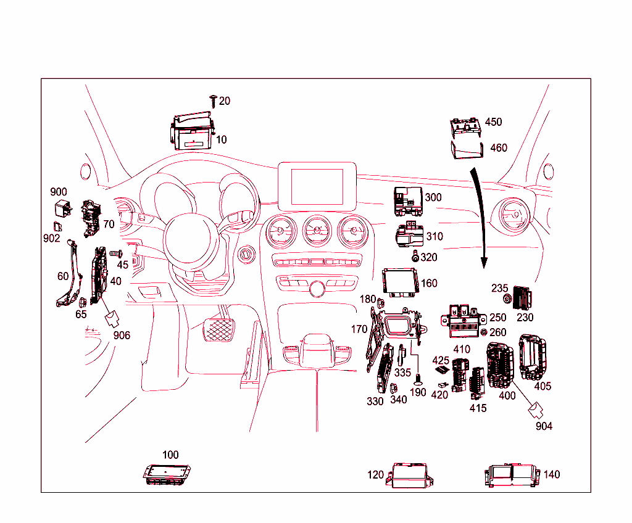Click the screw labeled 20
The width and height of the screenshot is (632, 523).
pos(213,100)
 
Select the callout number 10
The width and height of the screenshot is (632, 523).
pos(221,140)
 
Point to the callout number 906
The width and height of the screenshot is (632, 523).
pos(122,335)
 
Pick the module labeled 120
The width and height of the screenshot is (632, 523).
pos(409,475)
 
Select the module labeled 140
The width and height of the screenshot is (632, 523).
pos(512,476)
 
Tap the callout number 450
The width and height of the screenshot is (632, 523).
pos(493,122)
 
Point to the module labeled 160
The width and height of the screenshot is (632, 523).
pos(401,282)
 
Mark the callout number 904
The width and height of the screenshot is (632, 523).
pos(544,426)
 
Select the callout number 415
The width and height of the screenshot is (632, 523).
pos(478,408)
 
